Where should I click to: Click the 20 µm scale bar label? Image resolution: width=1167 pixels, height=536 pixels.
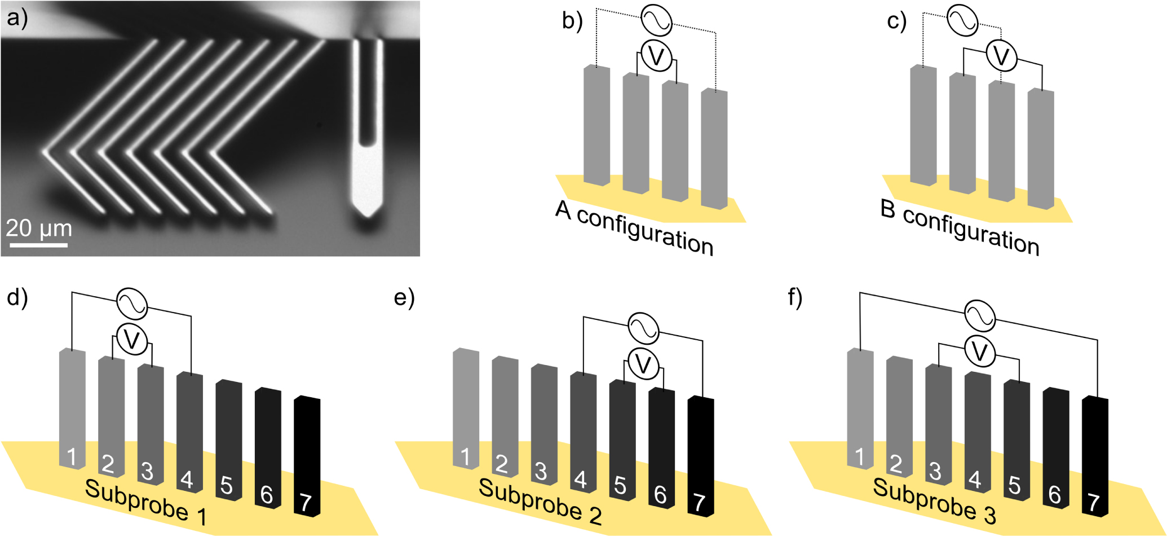(x=39, y=229)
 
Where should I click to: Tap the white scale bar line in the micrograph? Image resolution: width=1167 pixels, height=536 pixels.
(x=39, y=245)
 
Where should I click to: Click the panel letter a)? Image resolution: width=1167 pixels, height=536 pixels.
(x=17, y=18)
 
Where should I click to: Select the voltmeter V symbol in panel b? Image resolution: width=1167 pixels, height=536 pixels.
(x=657, y=56)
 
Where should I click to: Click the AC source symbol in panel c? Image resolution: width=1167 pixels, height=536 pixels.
(x=962, y=20)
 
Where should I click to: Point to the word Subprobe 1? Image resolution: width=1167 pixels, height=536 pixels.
(x=145, y=502)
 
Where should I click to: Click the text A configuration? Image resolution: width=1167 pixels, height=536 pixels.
(x=634, y=228)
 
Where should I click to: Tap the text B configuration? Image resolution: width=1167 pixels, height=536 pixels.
(x=960, y=228)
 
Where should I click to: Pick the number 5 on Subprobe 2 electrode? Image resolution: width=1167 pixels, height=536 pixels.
(x=620, y=485)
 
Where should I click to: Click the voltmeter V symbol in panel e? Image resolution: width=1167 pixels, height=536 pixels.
(x=643, y=364)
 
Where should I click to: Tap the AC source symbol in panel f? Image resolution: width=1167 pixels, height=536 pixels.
(x=980, y=316)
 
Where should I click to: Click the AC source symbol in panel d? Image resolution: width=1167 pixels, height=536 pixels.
(x=132, y=304)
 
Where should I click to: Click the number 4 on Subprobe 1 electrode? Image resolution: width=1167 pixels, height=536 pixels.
(x=187, y=480)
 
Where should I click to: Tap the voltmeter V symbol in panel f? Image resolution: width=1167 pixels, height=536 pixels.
(x=980, y=352)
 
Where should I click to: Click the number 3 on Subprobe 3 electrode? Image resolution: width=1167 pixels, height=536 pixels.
(x=935, y=471)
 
